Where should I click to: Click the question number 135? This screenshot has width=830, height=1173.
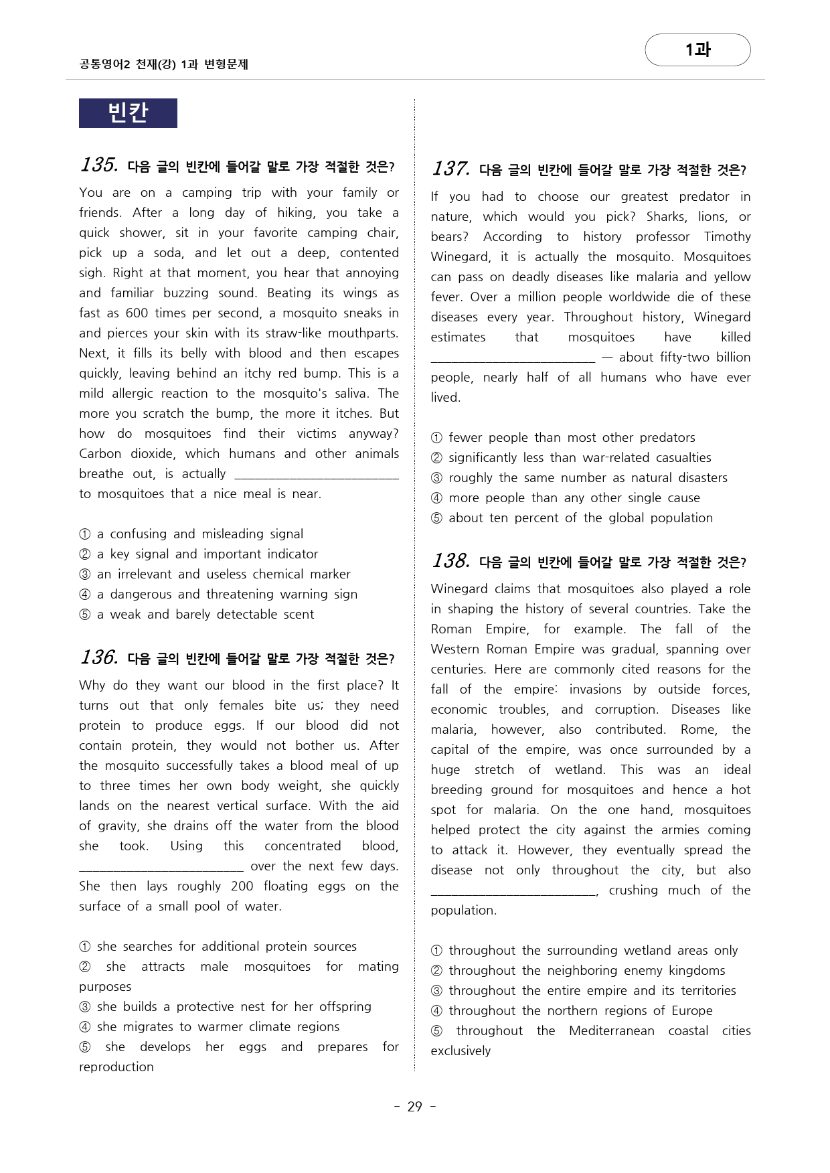(x=99, y=165)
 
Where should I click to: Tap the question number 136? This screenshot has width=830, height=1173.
(x=99, y=657)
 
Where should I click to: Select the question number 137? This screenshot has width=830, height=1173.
(x=450, y=169)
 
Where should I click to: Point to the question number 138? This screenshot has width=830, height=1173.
(x=450, y=561)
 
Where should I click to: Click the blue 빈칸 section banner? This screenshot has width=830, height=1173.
(x=128, y=113)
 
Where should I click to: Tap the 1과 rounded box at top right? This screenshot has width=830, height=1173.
(x=697, y=50)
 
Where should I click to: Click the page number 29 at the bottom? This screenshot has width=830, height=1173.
(x=415, y=1107)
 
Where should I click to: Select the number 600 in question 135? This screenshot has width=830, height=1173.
(x=137, y=313)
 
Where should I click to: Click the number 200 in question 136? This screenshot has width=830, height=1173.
(x=242, y=886)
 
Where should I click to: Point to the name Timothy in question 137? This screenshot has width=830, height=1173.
(x=727, y=237)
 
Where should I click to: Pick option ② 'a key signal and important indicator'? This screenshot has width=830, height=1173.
(x=207, y=554)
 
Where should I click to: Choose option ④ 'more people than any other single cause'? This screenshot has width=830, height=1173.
(x=574, y=498)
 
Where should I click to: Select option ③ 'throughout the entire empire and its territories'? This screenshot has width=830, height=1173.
(x=592, y=991)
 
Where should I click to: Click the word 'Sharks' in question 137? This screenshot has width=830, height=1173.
(x=666, y=217)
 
